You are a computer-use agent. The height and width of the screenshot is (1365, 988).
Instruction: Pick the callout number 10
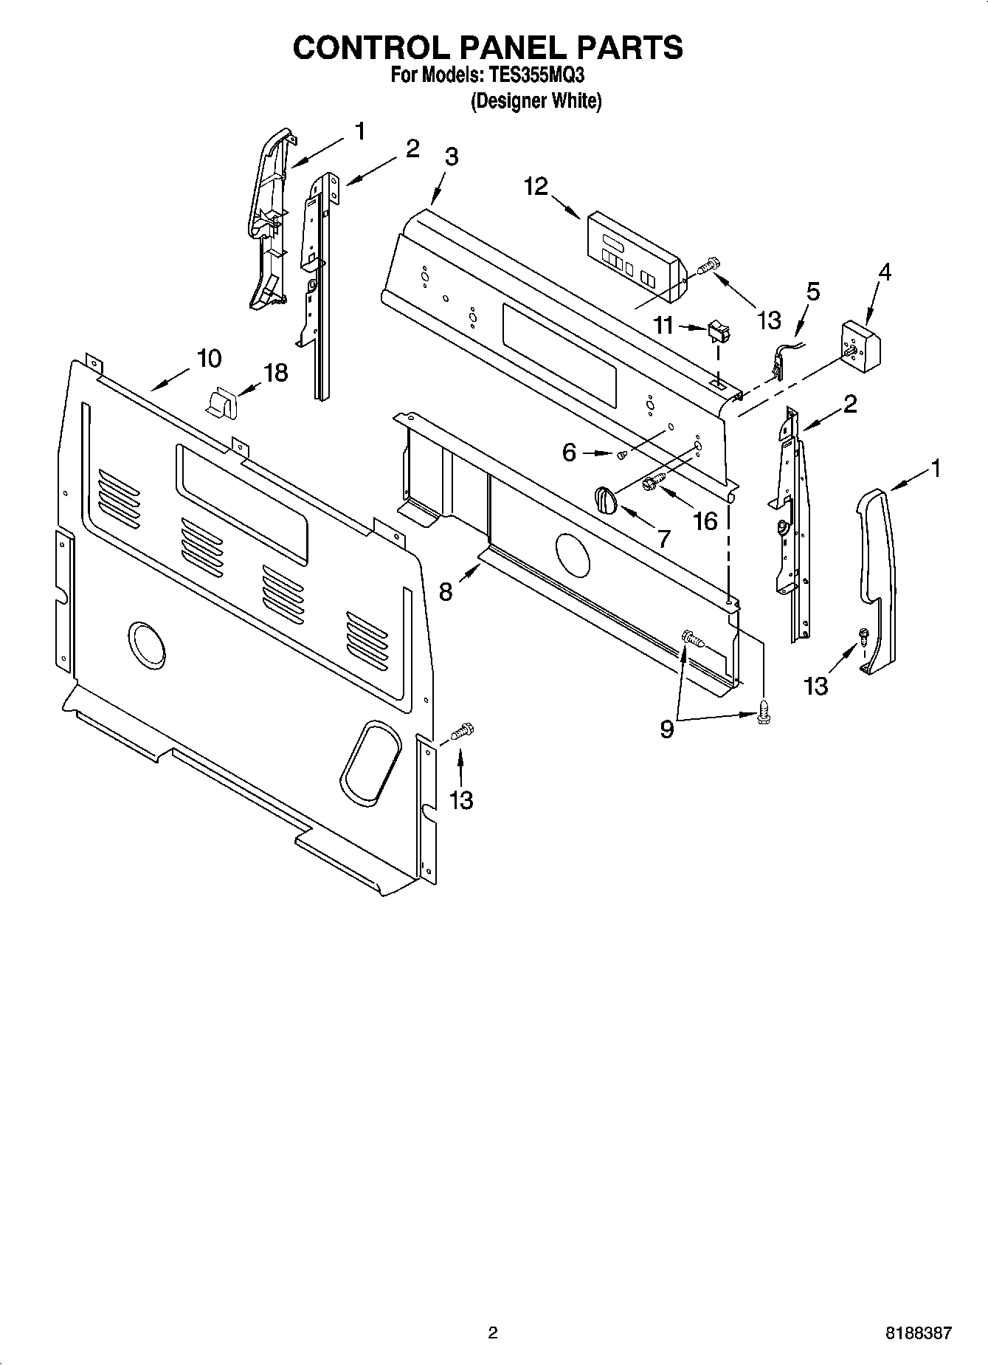(x=209, y=359)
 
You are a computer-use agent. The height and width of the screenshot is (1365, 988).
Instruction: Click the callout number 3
(x=451, y=157)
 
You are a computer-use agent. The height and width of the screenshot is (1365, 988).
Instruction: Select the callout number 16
(x=705, y=521)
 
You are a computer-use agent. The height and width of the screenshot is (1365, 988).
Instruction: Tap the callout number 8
(x=446, y=591)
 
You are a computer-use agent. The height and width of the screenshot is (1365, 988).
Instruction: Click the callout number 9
(x=666, y=729)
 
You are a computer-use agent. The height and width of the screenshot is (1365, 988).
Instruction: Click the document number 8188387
(x=918, y=1333)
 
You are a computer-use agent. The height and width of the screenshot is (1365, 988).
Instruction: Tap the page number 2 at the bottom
(x=493, y=1333)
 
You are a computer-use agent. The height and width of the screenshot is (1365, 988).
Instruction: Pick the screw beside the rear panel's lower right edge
(x=460, y=732)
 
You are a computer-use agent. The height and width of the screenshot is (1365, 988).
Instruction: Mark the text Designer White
(x=536, y=101)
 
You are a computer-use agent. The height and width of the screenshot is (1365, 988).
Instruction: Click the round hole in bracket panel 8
(x=572, y=555)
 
